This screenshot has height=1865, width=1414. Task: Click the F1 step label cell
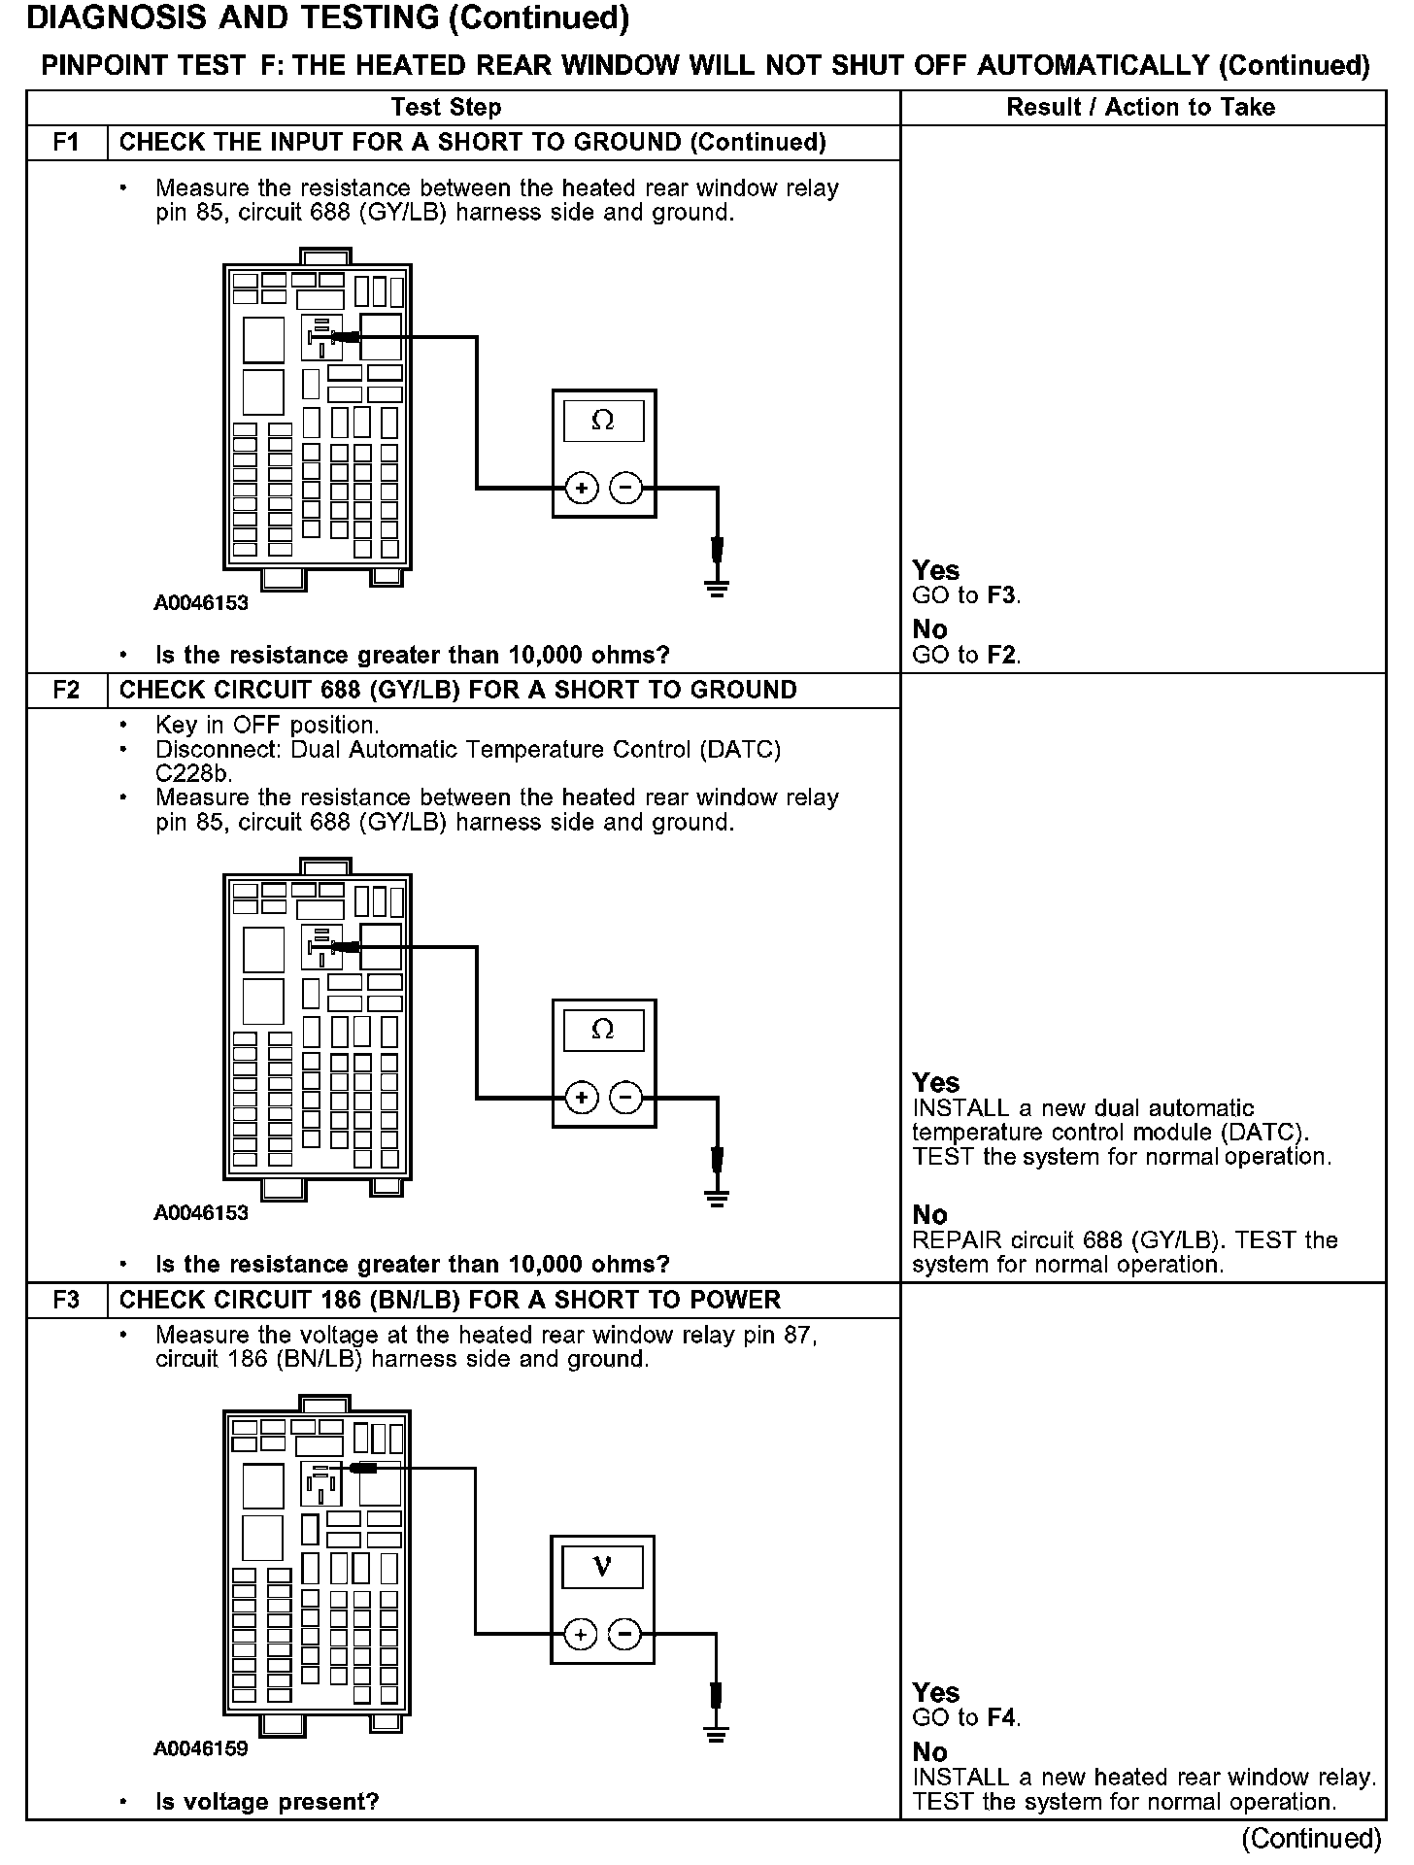66,143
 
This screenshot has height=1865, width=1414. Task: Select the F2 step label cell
66,691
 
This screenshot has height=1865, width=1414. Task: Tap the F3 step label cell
66,1301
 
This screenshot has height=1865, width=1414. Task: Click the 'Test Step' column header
446,108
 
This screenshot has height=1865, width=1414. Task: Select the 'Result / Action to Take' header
1141,108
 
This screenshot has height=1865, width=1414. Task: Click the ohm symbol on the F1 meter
603,421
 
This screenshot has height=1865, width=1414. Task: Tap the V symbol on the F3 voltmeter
602,1566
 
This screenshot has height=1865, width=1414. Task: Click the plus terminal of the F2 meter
581,1099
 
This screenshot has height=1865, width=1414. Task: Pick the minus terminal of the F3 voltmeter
624,1635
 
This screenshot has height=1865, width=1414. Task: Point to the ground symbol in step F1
717,588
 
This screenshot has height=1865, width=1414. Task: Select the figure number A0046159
201,1748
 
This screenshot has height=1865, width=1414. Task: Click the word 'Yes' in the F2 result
935,1083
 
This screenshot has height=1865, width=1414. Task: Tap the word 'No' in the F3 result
929,1751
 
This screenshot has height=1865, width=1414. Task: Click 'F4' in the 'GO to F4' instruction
1002,1717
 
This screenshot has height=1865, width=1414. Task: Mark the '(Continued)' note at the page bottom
1311,1838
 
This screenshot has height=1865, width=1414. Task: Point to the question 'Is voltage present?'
267,1802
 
